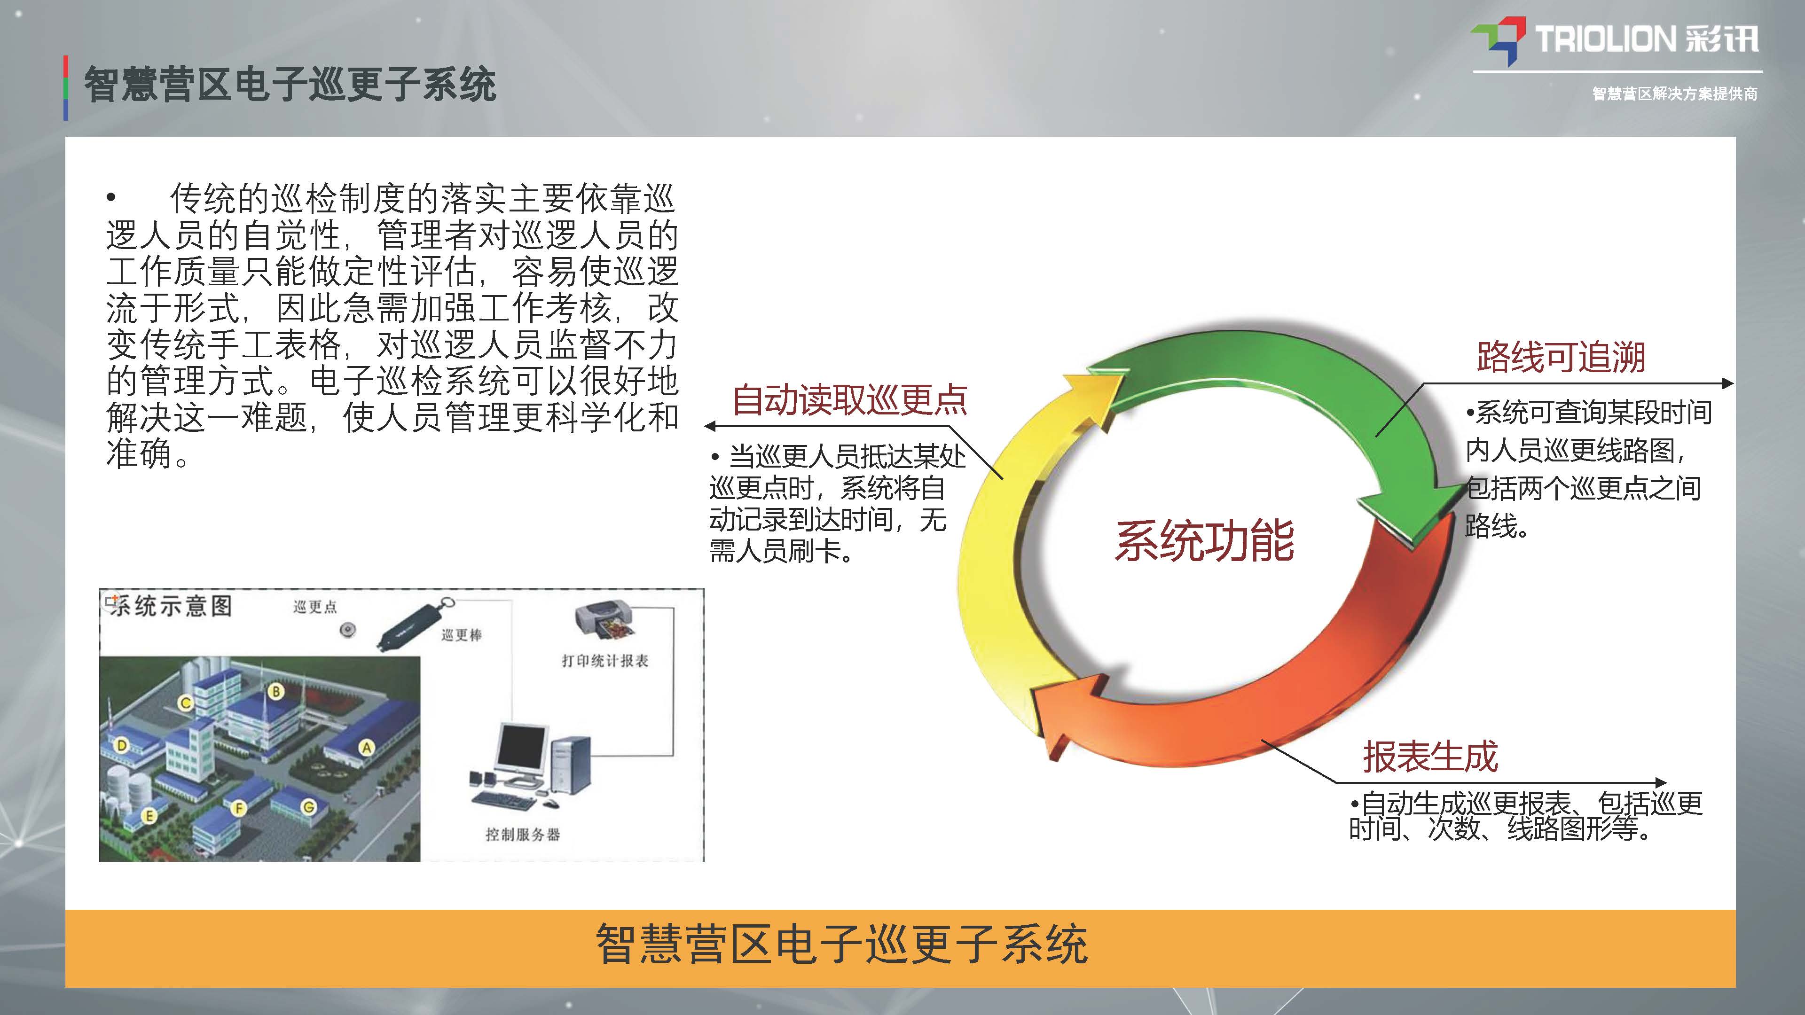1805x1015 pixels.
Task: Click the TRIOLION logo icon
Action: pyautogui.click(x=1498, y=40)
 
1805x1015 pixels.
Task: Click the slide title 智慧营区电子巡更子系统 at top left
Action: pyautogui.click(x=290, y=86)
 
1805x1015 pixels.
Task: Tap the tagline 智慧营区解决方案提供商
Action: pyautogui.click(x=1675, y=93)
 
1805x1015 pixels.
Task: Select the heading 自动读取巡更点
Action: pyautogui.click(x=849, y=400)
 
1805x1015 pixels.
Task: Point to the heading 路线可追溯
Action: pyautogui.click(x=1561, y=357)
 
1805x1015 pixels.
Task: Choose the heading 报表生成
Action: pyautogui.click(x=1430, y=757)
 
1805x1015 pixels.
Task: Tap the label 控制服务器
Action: pyautogui.click(x=523, y=834)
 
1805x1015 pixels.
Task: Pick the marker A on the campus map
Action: pyautogui.click(x=366, y=748)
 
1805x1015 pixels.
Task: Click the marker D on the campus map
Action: pyautogui.click(x=121, y=745)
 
